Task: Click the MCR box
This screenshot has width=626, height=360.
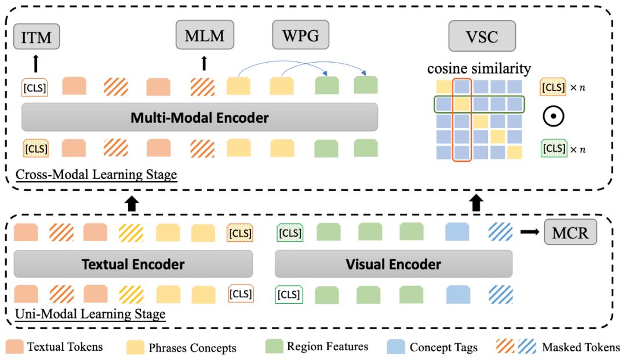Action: [x=571, y=232]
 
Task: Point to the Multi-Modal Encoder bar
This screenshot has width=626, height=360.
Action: [x=199, y=118]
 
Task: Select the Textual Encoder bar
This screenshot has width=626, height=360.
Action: [x=133, y=264]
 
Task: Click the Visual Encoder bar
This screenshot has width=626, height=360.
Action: [x=394, y=264]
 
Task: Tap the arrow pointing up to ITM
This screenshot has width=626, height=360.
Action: [x=36, y=63]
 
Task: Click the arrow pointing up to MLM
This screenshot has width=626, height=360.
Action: [x=203, y=63]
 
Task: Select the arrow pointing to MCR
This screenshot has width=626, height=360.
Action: [x=529, y=232]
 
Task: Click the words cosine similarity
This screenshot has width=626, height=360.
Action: [x=479, y=69]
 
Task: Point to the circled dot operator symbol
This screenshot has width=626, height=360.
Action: [x=554, y=117]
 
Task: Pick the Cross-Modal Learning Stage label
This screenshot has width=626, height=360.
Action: [x=96, y=175]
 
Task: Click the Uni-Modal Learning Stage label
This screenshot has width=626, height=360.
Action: [x=90, y=314]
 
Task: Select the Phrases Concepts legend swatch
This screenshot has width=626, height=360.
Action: [x=135, y=347]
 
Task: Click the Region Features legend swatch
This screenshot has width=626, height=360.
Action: [x=273, y=347]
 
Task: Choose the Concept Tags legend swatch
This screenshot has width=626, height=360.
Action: [x=396, y=347]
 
